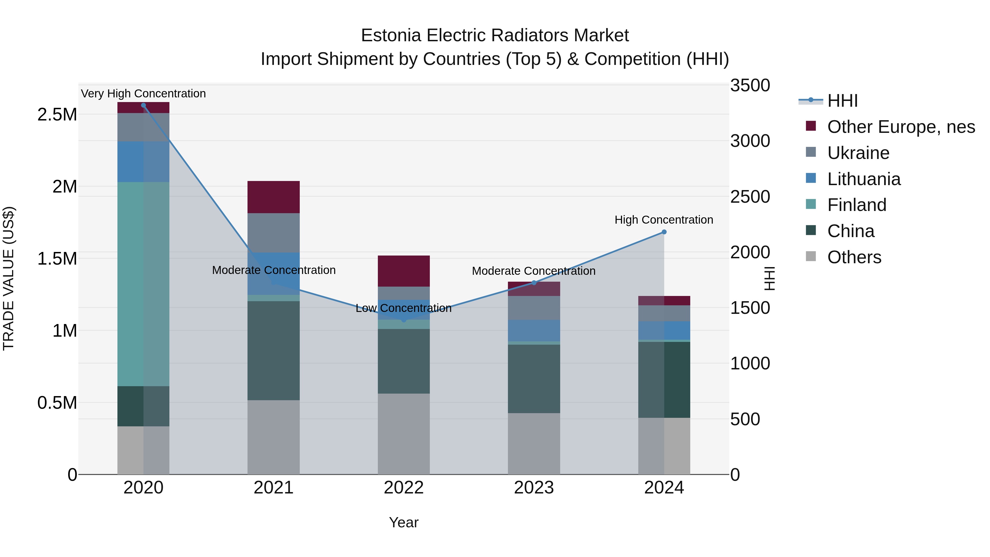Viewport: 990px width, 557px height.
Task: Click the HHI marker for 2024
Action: [664, 232]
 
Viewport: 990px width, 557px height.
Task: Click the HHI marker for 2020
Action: [143, 105]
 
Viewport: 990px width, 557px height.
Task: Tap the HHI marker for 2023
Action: [534, 283]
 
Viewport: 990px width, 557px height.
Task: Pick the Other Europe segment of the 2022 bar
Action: [403, 271]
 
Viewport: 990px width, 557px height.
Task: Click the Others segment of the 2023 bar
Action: [534, 444]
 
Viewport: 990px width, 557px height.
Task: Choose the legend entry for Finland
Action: [857, 205]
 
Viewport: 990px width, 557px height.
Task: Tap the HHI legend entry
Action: [842, 101]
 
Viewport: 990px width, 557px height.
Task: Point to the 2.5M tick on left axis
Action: [57, 114]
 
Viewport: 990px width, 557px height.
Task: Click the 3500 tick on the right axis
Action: [750, 85]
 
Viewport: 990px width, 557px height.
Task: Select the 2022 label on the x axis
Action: [403, 488]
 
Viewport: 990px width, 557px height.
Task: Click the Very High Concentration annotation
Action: [143, 94]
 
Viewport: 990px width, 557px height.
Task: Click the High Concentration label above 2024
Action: [664, 220]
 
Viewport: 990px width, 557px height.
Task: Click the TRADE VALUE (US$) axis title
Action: [9, 278]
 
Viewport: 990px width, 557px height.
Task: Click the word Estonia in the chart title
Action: [391, 36]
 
